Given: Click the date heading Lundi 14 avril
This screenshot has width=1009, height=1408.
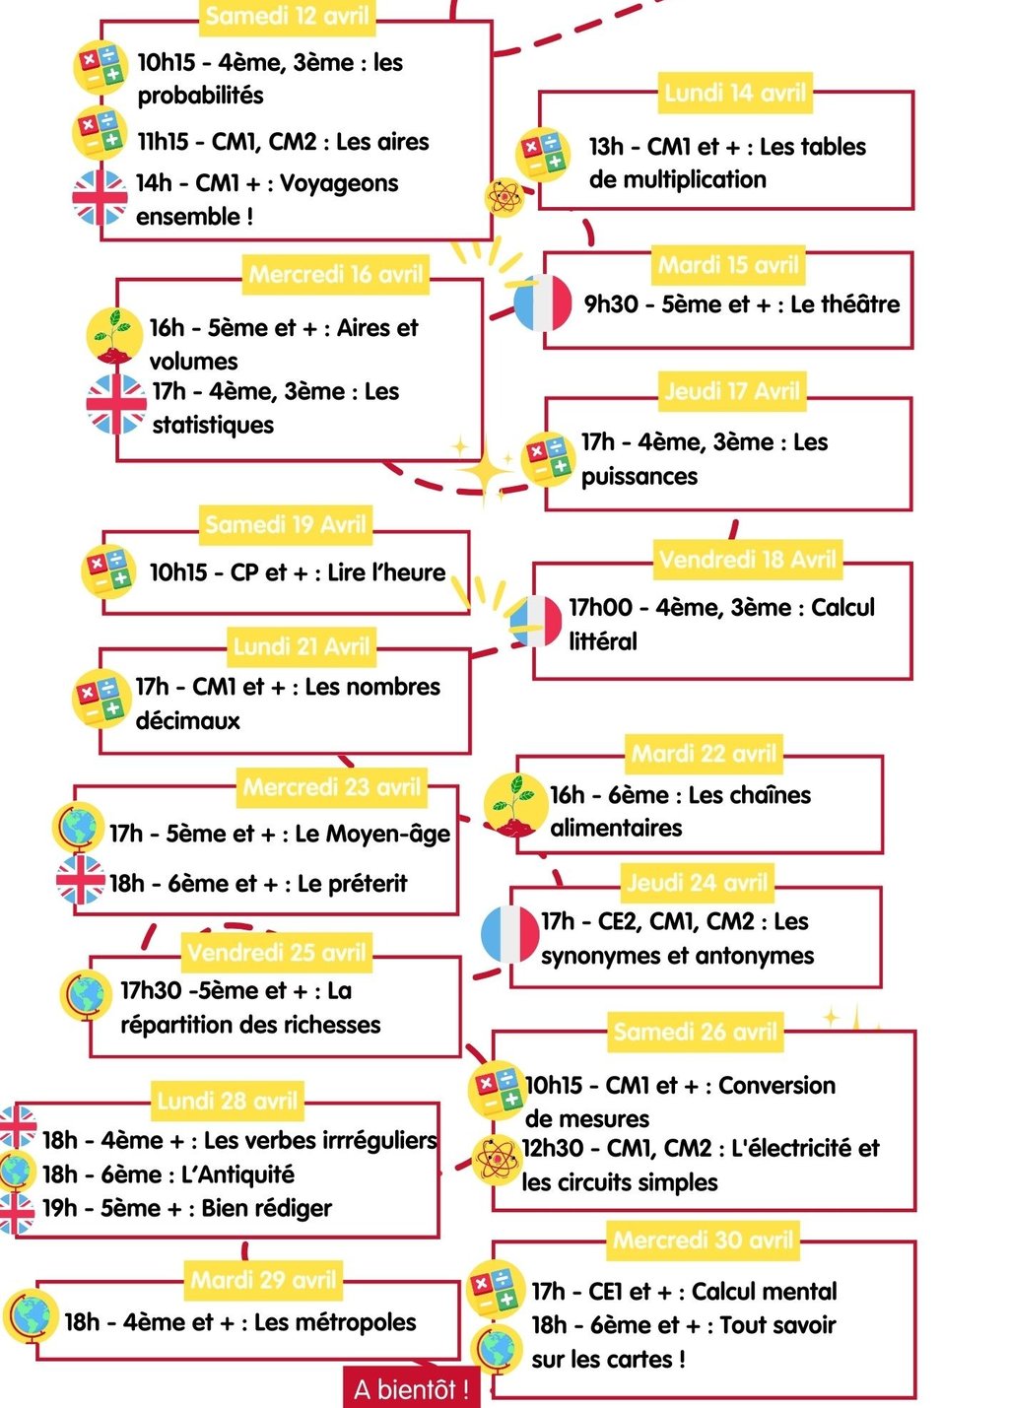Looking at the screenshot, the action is tap(735, 93).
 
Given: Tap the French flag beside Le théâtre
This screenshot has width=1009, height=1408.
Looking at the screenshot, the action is tap(542, 302).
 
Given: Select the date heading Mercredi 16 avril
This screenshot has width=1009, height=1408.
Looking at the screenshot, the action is tap(336, 274).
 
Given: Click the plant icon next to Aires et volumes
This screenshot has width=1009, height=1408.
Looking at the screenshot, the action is tap(114, 336).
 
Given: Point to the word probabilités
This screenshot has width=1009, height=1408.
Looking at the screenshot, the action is tap(200, 96).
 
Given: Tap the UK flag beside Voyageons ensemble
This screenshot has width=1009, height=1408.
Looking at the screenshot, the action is tap(100, 198).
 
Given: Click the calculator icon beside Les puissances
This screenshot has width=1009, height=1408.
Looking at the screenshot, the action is tap(548, 458).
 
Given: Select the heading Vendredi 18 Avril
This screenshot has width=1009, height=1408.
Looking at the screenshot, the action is tap(748, 560).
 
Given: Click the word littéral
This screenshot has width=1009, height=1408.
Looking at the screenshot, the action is tap(603, 641).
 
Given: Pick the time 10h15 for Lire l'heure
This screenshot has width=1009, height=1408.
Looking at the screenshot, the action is tap(178, 572).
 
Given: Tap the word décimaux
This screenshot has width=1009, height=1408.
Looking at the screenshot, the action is tap(188, 720).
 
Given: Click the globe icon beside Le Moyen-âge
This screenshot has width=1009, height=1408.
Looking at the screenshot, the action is tap(79, 828).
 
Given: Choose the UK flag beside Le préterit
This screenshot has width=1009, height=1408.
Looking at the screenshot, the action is tap(80, 880).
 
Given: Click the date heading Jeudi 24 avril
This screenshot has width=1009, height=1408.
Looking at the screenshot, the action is tap(697, 882).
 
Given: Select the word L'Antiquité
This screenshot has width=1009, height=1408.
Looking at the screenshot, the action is tap(237, 1174).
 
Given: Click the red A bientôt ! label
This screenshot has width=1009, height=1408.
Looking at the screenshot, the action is tap(411, 1389).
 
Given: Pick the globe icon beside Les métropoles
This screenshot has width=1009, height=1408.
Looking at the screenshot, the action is tap(32, 1316).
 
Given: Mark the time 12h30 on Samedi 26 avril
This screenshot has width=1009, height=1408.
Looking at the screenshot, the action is tap(554, 1148).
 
